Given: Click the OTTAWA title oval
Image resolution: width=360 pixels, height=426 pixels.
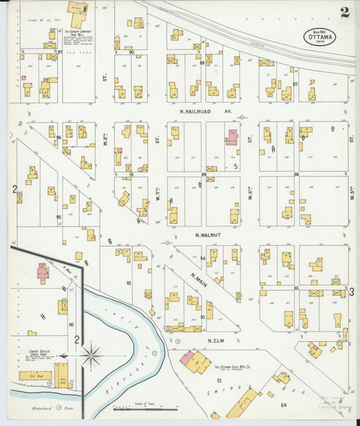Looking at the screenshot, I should [x=316, y=34].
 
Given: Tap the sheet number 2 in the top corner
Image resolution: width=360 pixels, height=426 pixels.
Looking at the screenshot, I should [x=344, y=12].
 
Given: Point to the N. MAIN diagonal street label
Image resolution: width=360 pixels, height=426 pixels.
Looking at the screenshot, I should [x=198, y=277].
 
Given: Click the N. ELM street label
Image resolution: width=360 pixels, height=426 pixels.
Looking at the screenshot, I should [x=215, y=340].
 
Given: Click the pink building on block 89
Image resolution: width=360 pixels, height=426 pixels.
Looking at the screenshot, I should [x=232, y=137].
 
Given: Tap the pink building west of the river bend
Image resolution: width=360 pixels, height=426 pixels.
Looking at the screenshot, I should [x=42, y=272].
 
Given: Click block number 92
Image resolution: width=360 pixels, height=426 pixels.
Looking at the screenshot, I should [x=128, y=284].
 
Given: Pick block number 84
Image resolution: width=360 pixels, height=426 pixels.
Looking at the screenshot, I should [x=283, y=404].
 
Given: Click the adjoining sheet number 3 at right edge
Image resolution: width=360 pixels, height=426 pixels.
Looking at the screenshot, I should [x=352, y=291].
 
